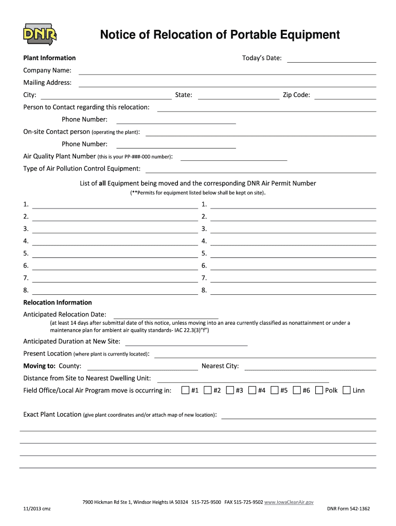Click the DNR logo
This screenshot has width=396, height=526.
tap(40, 33)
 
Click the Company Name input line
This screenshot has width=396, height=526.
tap(227, 71)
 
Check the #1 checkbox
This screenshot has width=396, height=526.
tap(186, 390)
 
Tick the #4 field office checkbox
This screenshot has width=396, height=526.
tap(252, 390)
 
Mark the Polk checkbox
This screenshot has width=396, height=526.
tap(319, 390)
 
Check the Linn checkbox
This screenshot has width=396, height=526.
tap(347, 390)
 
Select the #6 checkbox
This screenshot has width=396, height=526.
tap(297, 390)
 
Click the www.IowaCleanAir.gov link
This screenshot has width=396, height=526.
tap(289, 501)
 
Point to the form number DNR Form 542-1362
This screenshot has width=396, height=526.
tap(348, 509)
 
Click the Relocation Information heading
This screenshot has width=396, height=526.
tap(58, 303)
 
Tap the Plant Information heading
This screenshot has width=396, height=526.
tap(49, 58)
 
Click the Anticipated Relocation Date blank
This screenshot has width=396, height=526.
tap(166, 315)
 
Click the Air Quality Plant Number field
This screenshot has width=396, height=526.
tap(233, 157)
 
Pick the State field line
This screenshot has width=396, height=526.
tap(238, 96)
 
